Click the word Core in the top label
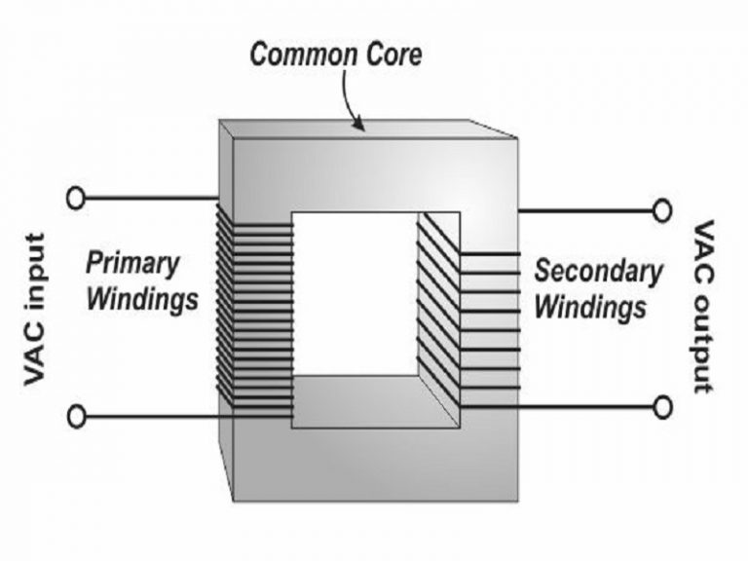click(x=390, y=55)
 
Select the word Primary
click(x=132, y=262)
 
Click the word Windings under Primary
click(x=142, y=298)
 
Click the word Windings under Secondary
click(x=591, y=307)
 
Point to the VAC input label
click(x=37, y=309)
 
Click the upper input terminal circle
click(x=75, y=199)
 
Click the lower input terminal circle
click(x=75, y=417)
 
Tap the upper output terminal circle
click(x=663, y=209)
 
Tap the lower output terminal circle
click(x=663, y=406)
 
